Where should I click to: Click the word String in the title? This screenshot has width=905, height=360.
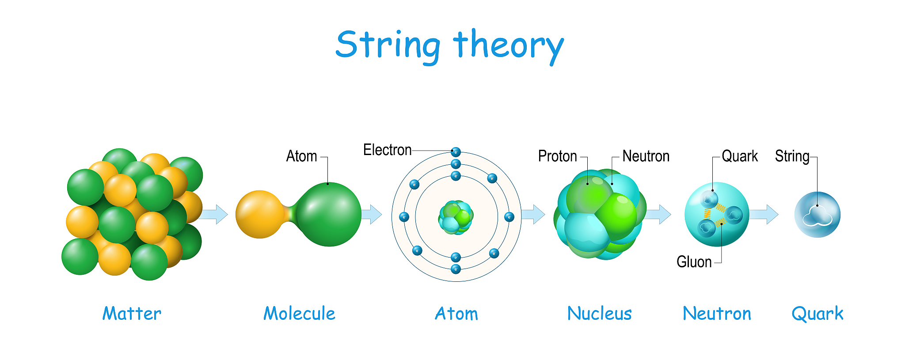388,45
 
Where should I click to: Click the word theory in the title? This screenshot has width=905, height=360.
508,45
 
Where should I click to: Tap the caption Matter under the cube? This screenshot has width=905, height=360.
132,314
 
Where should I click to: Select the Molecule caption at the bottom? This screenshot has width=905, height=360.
299,314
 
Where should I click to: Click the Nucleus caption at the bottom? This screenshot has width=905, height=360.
599,314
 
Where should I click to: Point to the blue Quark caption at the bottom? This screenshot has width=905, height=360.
817,314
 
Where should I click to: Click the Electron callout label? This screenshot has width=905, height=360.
387,150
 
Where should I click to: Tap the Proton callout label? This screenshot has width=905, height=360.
557,156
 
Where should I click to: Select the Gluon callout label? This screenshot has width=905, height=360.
694,262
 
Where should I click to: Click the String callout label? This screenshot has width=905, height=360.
792,156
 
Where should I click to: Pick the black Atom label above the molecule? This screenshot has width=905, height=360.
301,156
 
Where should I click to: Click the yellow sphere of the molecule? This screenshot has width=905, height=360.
259,214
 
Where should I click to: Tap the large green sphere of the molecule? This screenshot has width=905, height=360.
329,214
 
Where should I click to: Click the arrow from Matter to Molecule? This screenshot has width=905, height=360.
214,214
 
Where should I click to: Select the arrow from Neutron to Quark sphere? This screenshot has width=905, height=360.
764,214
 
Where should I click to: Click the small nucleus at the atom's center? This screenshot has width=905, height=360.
456,217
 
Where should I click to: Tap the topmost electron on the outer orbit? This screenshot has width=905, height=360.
456,152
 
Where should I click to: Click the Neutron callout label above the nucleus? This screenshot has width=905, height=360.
646,156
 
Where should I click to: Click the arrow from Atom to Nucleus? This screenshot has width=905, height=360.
533,214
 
